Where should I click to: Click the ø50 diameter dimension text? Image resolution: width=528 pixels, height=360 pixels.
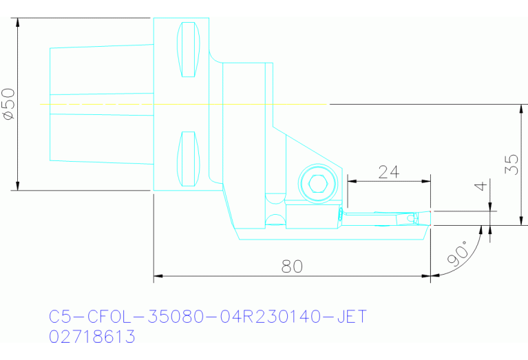[8, 104]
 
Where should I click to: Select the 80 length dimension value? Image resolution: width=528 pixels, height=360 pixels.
[293, 266]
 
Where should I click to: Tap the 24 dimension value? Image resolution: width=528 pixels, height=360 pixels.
[389, 171]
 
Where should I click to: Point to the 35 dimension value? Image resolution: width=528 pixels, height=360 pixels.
[511, 164]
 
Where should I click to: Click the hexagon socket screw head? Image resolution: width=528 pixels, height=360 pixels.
[317, 183]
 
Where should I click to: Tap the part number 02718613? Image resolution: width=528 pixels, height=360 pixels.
[92, 337]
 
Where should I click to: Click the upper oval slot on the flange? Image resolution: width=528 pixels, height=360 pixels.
[188, 50]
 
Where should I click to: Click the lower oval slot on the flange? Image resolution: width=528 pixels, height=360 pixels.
[188, 158]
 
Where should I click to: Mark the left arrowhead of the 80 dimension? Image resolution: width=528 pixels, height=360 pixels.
[157, 277]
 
